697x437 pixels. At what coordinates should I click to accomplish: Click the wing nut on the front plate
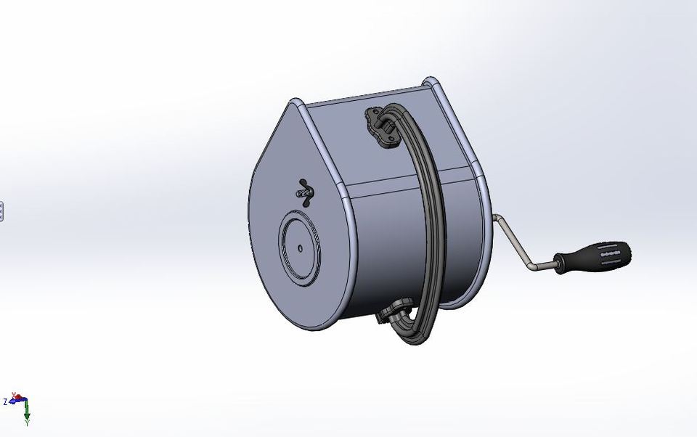click(305, 193)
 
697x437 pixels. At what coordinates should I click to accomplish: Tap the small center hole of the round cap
click(301, 248)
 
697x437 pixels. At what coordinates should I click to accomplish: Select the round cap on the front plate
click(300, 248)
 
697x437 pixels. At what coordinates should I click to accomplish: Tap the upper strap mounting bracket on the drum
click(380, 126)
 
